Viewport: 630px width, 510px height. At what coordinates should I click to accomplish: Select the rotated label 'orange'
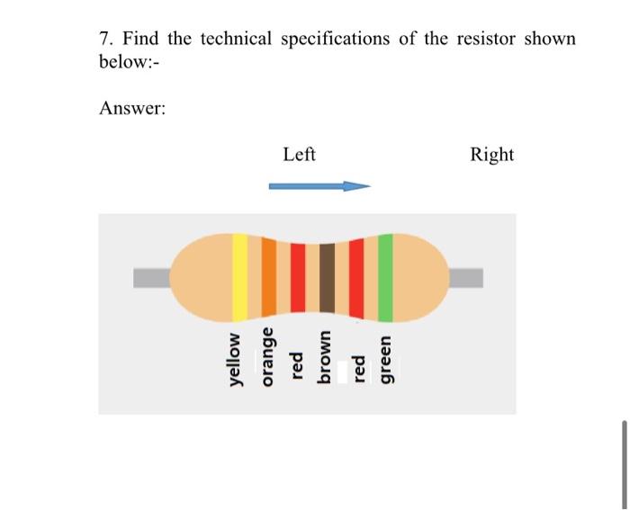266,358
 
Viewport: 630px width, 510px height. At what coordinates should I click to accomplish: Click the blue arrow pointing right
319,187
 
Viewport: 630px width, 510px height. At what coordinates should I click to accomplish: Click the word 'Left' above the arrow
299,155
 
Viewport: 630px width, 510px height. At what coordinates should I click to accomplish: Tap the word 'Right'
491,155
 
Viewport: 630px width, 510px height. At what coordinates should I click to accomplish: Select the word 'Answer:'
132,108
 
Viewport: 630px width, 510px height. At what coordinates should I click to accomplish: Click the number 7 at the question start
103,40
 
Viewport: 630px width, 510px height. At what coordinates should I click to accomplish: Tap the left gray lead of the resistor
153,277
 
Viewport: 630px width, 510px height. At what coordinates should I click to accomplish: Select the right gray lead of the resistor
465,277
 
